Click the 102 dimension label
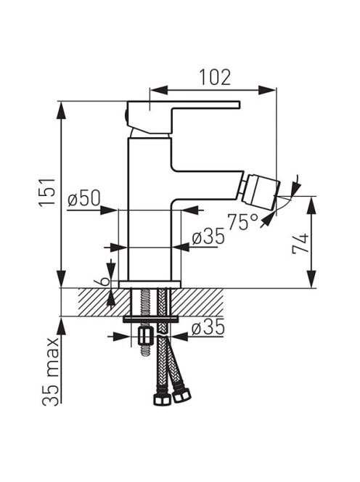215,78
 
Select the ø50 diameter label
84,198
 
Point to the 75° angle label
242,222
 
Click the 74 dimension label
300,243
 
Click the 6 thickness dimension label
105,281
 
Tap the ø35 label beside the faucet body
208,237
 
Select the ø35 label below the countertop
208,327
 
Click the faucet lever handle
183,118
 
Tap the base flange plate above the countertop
150,285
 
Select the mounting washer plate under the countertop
151,319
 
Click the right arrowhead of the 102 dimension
267,90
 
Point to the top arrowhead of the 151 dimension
62,110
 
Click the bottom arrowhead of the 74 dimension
311,279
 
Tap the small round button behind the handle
126,117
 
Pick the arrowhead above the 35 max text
62,326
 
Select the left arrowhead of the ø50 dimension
109,211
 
